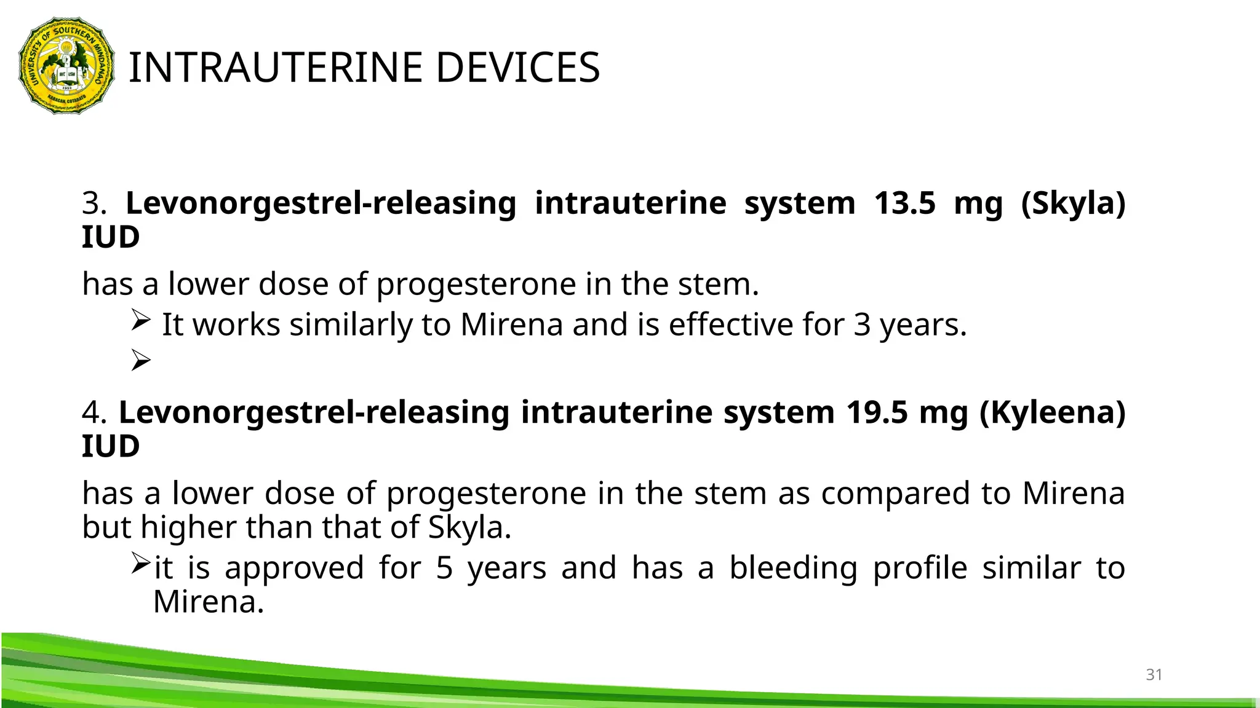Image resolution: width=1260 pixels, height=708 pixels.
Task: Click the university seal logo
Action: pyautogui.click(x=66, y=66)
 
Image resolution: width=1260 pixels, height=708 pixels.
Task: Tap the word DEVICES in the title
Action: pyautogui.click(x=517, y=68)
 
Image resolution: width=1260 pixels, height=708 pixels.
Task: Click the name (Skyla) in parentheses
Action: pyautogui.click(x=1072, y=204)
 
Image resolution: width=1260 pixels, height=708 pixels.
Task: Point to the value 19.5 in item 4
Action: pyautogui.click(x=876, y=412)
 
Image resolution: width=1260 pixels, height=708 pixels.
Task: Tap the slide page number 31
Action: pyautogui.click(x=1154, y=675)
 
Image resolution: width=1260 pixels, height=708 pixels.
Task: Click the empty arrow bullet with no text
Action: pyautogui.click(x=141, y=360)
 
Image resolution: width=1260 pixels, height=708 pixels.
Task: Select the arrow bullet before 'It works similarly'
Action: pyautogui.click(x=141, y=321)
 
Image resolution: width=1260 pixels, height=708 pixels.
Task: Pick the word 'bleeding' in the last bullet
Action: pyautogui.click(x=793, y=568)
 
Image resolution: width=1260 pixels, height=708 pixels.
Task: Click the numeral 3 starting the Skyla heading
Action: pyautogui.click(x=94, y=203)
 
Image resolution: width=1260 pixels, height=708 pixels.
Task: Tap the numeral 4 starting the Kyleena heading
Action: pyautogui.click(x=94, y=412)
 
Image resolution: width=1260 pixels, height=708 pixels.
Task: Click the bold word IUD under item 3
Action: pyautogui.click(x=111, y=237)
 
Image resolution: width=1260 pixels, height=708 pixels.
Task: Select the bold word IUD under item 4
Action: pyautogui.click(x=111, y=446)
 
